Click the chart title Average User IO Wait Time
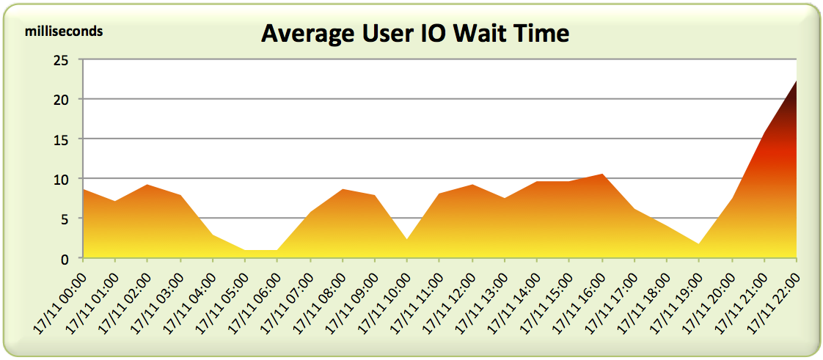point(415,34)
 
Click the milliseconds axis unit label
point(65,32)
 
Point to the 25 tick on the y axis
point(61,60)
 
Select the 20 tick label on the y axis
point(61,100)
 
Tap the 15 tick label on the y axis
point(61,139)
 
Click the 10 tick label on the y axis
point(61,179)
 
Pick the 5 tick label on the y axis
point(65,218)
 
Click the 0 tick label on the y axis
point(65,258)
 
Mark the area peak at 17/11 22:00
point(796,81)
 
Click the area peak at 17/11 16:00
point(602,175)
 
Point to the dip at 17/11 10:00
point(407,239)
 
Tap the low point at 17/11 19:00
point(699,244)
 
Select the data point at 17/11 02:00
point(147,185)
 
